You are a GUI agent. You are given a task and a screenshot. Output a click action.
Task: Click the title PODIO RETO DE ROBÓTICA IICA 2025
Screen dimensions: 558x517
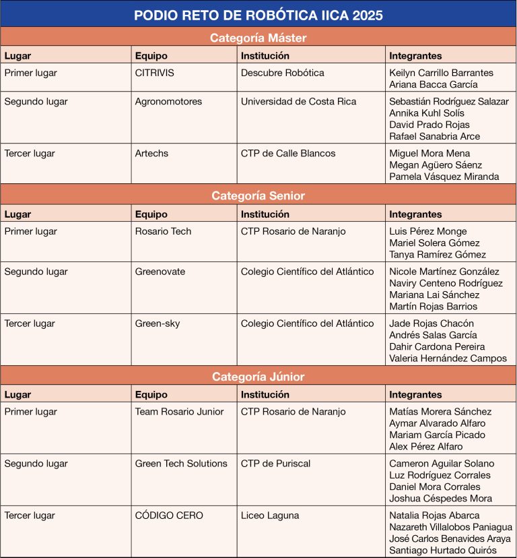tap(258, 15)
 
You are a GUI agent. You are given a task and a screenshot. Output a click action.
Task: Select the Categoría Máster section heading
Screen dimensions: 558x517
tap(258, 38)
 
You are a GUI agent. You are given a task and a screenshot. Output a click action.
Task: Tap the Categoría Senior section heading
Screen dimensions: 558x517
tap(258, 196)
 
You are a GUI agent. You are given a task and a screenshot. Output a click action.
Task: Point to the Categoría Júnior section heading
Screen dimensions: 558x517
tap(258, 377)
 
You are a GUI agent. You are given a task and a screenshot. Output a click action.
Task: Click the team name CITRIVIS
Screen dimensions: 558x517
tap(154, 73)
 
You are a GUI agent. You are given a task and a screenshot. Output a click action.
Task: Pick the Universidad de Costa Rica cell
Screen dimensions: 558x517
tap(299, 102)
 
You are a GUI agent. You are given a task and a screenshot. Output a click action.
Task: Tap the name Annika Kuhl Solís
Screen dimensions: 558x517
tap(427, 113)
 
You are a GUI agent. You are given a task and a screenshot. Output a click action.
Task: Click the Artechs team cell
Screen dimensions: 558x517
tap(151, 154)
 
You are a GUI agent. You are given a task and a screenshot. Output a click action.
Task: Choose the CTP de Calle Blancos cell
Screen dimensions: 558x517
tap(288, 154)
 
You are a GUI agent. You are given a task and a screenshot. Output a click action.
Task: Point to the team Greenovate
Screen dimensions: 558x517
tap(160, 272)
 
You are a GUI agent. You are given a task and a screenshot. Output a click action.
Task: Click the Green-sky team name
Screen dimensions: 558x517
tap(158, 323)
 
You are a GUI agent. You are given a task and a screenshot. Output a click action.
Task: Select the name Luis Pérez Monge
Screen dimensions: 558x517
tap(428, 231)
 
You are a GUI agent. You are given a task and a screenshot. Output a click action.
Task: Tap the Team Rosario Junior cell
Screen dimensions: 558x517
tap(178, 412)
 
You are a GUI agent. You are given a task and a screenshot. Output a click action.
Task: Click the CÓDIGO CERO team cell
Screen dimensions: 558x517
tap(169, 516)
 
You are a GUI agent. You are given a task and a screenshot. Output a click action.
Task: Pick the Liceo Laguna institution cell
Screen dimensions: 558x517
tap(270, 516)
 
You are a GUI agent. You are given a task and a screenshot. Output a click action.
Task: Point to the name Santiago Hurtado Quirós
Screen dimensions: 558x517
tap(443, 551)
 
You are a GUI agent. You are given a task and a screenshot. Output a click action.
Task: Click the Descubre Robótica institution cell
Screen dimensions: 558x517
tap(283, 73)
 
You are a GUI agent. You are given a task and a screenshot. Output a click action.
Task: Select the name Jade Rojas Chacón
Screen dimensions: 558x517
tap(432, 323)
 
